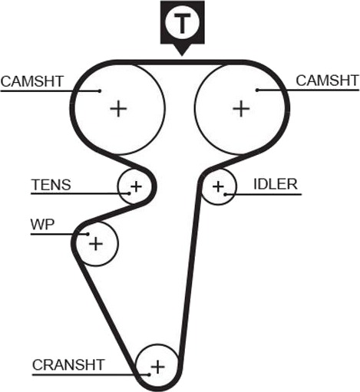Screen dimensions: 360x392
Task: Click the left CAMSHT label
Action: (x=32, y=81)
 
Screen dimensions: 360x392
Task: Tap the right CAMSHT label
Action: (x=327, y=81)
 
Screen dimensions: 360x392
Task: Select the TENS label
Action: (x=51, y=185)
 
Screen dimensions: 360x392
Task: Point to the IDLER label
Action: (x=276, y=184)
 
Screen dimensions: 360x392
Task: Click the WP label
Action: (x=42, y=225)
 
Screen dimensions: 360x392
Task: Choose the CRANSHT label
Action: (x=68, y=364)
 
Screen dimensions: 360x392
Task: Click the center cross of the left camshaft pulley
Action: (x=118, y=109)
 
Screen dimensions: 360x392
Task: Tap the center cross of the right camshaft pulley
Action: (x=241, y=108)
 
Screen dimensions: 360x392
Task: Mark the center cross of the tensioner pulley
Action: (x=136, y=186)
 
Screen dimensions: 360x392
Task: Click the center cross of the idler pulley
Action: (x=218, y=186)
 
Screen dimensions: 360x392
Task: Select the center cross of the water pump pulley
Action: (x=96, y=244)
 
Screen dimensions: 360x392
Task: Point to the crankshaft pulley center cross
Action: (x=157, y=367)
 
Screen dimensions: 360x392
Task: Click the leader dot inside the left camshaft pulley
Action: (x=100, y=91)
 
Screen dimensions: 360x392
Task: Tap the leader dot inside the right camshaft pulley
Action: (x=257, y=90)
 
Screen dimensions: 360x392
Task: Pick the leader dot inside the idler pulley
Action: (x=226, y=195)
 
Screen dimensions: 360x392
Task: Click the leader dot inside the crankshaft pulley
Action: (x=149, y=375)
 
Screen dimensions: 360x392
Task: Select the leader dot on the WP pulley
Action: (x=88, y=234)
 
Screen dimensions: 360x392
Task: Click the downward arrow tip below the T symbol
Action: (x=182, y=56)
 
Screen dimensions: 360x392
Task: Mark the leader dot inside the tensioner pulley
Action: (x=129, y=193)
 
